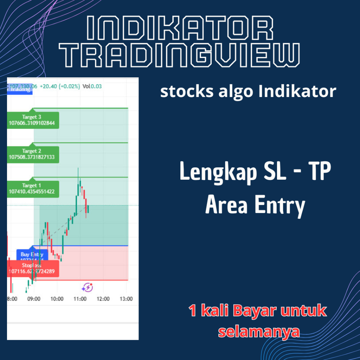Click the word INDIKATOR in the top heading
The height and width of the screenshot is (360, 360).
180,28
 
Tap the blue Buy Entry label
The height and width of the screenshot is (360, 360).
32,255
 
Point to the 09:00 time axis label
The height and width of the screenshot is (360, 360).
34,299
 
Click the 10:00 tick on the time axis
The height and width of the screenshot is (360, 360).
57,299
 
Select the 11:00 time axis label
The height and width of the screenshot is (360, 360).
80,299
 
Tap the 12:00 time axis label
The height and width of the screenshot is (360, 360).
103,299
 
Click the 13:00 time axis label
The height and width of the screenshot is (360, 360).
126,299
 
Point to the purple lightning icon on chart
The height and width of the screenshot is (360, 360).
87,287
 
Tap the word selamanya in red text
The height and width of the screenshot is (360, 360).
259,332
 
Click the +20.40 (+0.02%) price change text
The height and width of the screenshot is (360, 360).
60,86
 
